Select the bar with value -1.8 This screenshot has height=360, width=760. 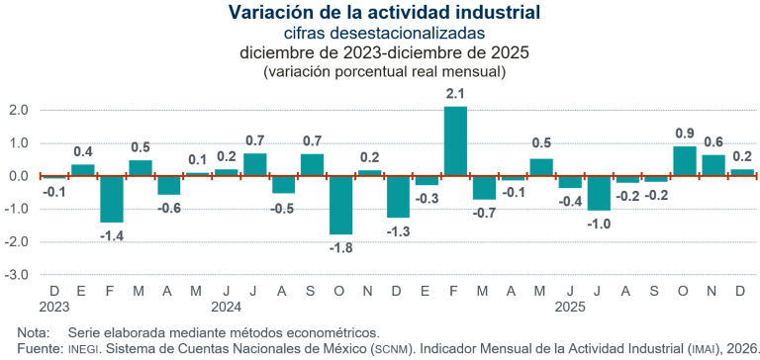(x=341, y=205)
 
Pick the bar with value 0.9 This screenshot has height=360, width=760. (x=684, y=161)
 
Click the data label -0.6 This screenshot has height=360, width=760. (x=169, y=208)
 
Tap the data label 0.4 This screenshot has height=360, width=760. (x=83, y=151)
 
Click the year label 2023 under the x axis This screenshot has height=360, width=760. (x=54, y=307)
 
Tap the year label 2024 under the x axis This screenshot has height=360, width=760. (x=227, y=307)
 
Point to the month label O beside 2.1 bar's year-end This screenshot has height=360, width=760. (x=684, y=291)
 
